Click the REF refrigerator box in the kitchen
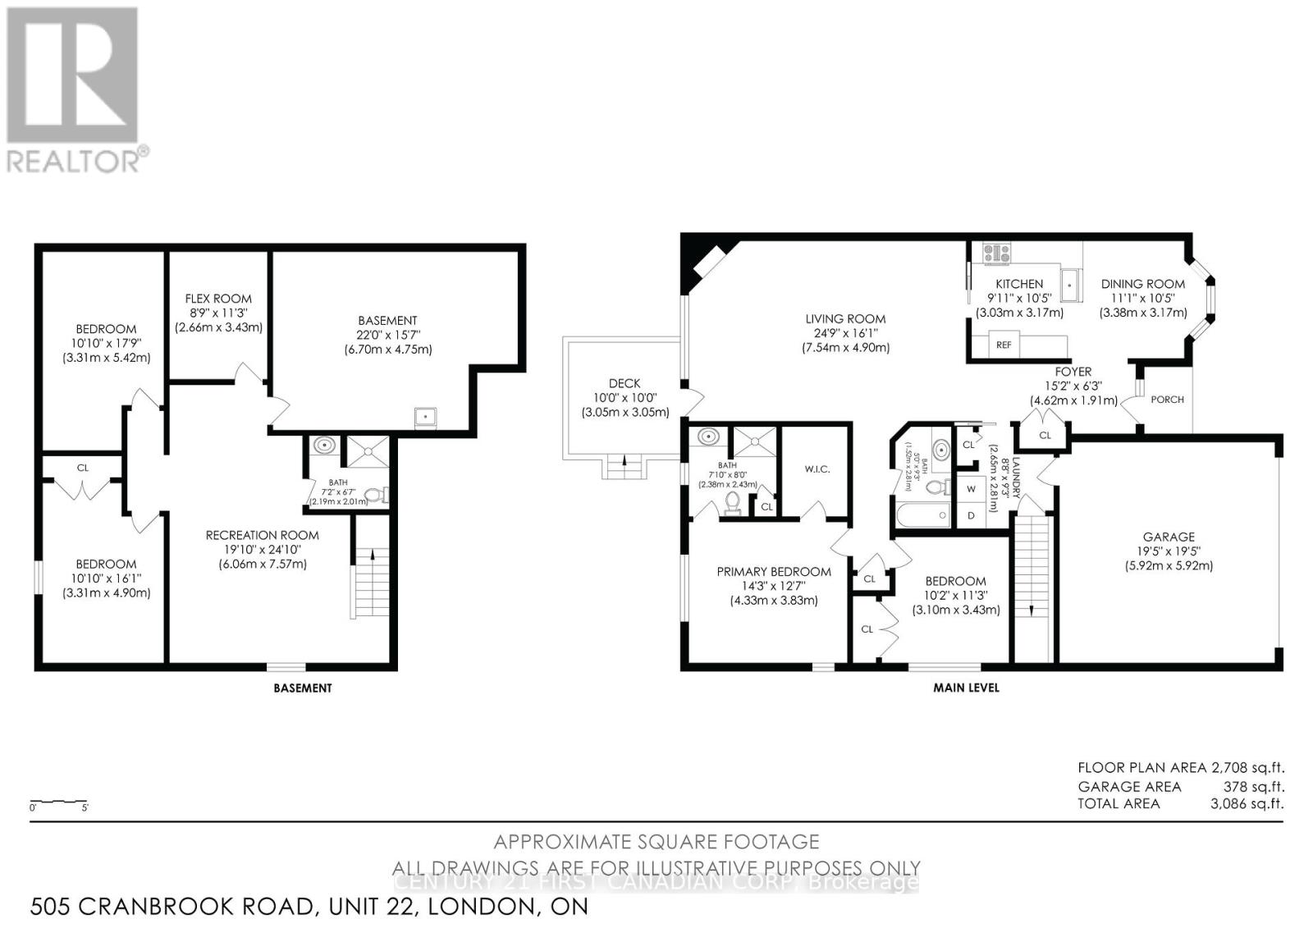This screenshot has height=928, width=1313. tap(1004, 345)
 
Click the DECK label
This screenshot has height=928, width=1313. tap(624, 383)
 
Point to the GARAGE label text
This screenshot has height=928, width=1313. tap(1169, 537)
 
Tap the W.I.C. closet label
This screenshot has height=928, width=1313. tap(817, 469)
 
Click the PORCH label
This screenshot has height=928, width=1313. tap(1167, 400)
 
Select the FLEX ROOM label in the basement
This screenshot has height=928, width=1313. tap(218, 299)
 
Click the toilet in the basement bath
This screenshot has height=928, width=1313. tap(374, 495)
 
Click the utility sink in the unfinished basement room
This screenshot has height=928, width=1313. tap(426, 417)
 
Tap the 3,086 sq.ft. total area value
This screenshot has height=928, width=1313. tap(1247, 803)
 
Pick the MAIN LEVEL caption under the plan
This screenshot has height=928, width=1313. tap(966, 688)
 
